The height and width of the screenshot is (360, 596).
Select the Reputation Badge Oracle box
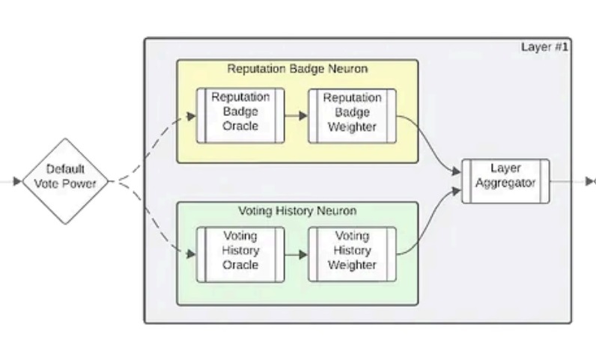(x=240, y=115)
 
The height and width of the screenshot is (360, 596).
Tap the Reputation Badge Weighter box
(x=352, y=115)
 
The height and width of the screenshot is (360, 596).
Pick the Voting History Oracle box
(x=240, y=254)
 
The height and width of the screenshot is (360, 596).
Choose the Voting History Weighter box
(x=352, y=254)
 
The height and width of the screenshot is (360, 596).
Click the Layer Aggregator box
(x=505, y=181)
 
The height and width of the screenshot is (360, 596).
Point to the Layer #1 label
(x=544, y=47)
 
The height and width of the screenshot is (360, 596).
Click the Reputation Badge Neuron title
(x=297, y=69)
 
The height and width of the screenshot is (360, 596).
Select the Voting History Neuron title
(x=297, y=211)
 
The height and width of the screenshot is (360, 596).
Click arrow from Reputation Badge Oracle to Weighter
(x=297, y=116)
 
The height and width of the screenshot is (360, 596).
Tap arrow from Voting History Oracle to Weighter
(x=297, y=254)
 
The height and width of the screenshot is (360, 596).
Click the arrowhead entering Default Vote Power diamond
(x=17, y=181)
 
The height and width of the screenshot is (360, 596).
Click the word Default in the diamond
(x=66, y=169)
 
